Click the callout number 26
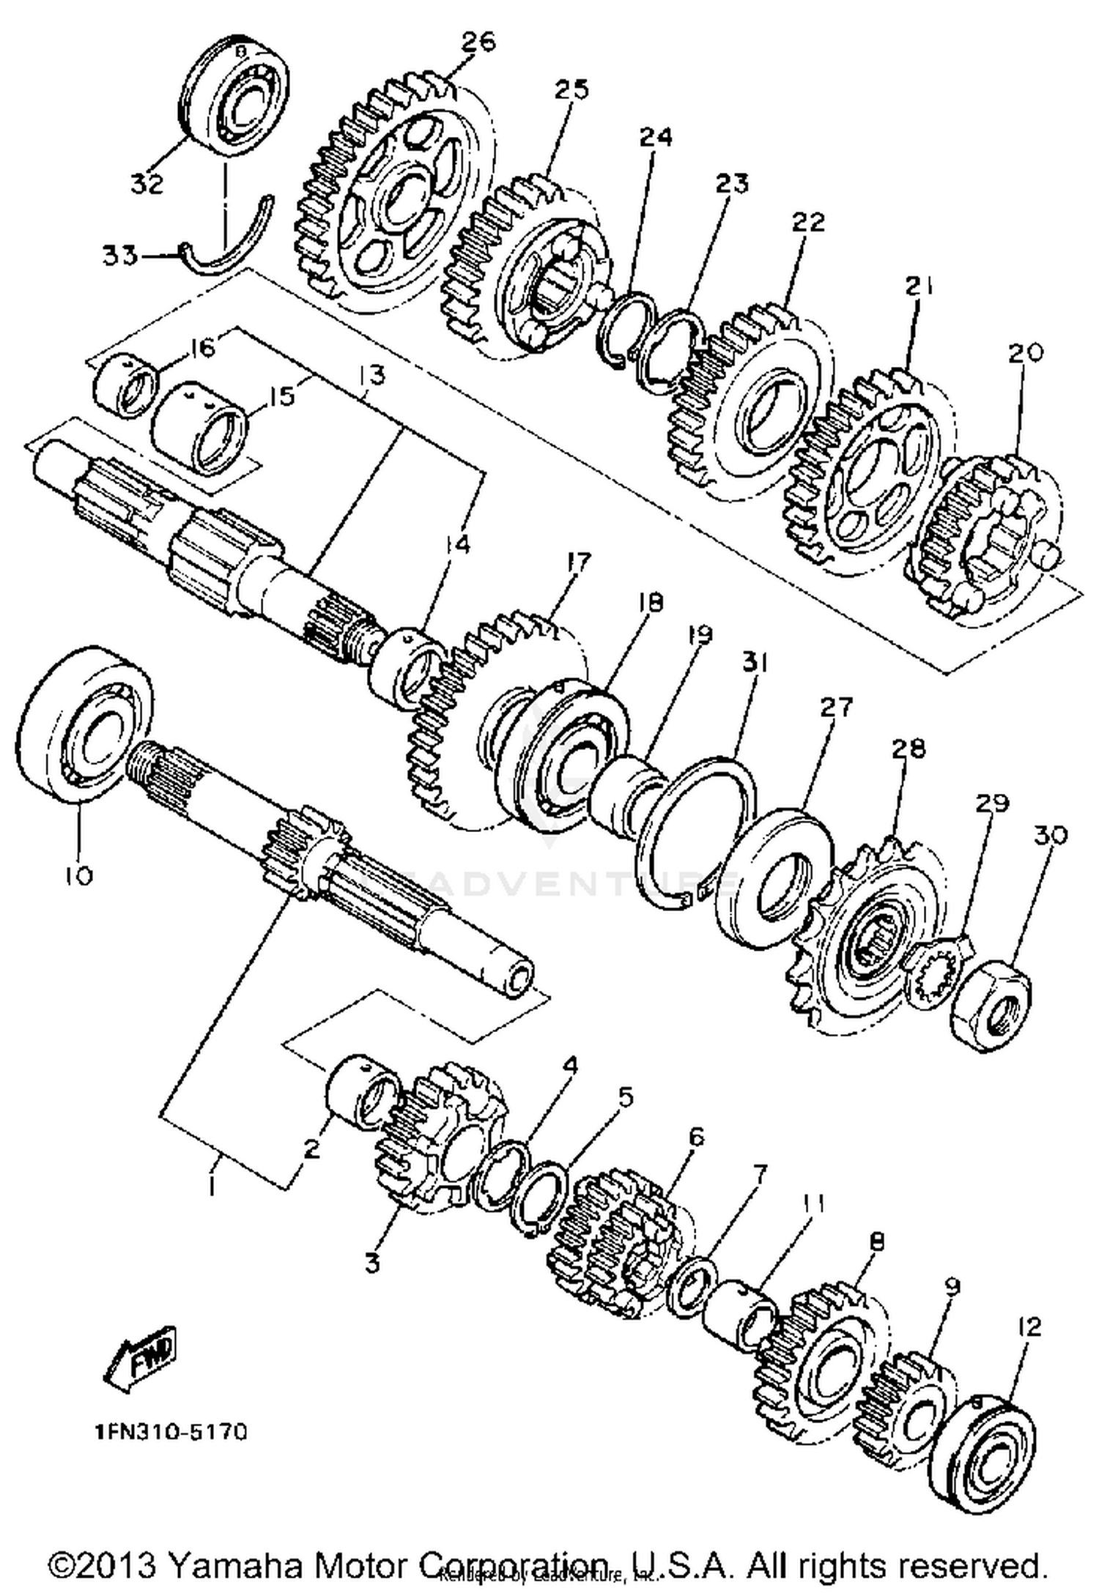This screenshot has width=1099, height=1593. click(x=478, y=42)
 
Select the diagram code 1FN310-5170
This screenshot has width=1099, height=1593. click(x=170, y=1432)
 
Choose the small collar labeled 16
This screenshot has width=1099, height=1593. click(x=127, y=386)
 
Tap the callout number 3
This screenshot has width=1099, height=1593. click(x=372, y=1261)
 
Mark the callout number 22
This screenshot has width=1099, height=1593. click(x=807, y=221)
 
